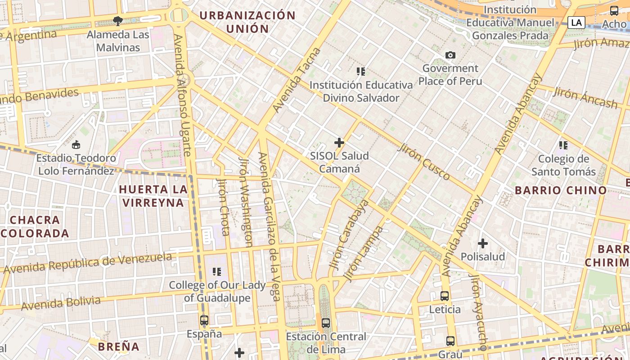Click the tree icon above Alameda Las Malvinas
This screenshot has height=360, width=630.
click(118, 21)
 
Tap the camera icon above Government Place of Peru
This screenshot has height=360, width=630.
click(450, 55)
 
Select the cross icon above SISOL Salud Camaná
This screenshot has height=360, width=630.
click(339, 143)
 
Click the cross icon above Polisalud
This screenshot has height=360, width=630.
click(483, 244)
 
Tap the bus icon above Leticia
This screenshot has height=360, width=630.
click(445, 296)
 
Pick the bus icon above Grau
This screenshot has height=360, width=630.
click(450, 341)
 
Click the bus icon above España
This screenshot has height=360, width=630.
click(204, 320)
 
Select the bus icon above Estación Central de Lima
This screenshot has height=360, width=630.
click(326, 323)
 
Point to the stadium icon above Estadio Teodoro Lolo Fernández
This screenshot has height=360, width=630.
click(76, 145)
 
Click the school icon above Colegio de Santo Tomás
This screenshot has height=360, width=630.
click(563, 145)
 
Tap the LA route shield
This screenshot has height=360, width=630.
click(576, 22)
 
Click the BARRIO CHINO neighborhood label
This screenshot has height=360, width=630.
click(561, 190)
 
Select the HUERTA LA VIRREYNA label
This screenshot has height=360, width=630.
click(153, 196)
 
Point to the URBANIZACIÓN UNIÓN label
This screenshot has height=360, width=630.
click(247, 22)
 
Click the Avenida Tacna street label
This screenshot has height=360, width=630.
click(297, 80)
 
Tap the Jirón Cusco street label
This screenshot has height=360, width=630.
click(424, 162)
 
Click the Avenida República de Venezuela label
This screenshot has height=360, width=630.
click(88, 263)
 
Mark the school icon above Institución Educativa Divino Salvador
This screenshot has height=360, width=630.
click(360, 71)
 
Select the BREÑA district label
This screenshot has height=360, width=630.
click(119, 346)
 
